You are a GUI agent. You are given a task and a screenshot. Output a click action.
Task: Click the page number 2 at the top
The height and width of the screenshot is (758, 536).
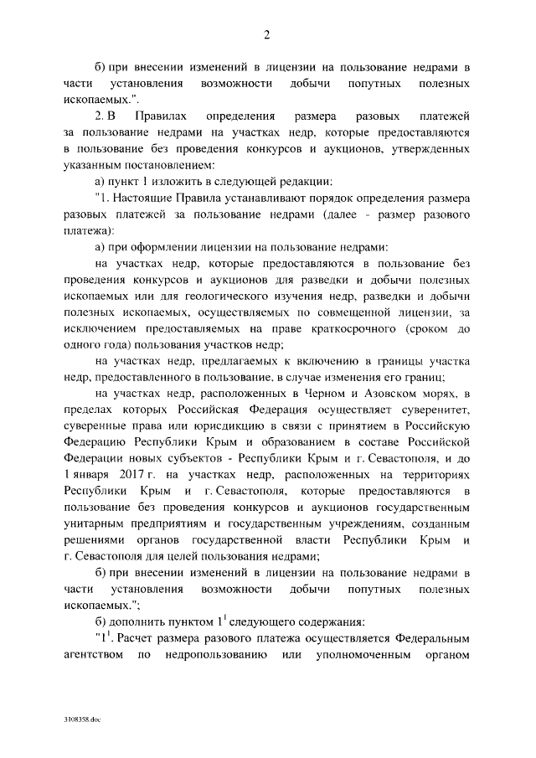click(x=267, y=34)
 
